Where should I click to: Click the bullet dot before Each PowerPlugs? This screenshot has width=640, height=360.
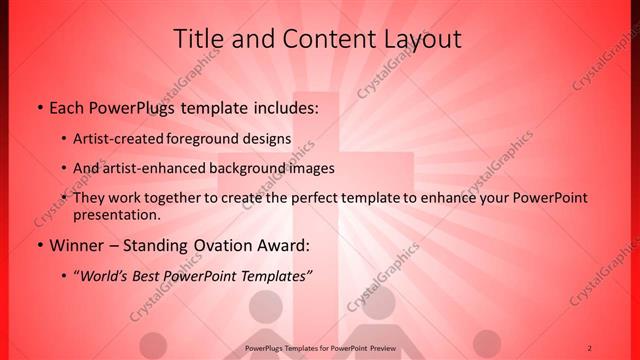[x=38, y=108]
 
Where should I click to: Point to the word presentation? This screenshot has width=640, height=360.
[x=116, y=214]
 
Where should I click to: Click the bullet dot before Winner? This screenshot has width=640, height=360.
[x=38, y=244]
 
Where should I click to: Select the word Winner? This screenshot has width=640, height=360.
[x=75, y=244]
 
